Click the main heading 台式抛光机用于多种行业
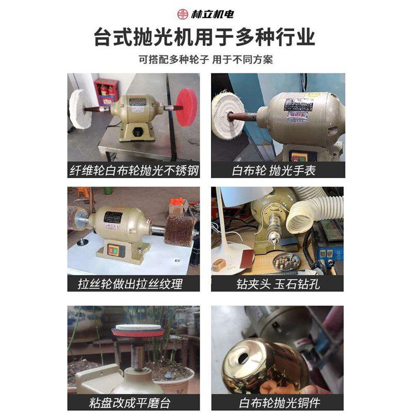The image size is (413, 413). pos(206,38)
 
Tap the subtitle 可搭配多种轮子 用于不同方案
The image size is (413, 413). pos(206,59)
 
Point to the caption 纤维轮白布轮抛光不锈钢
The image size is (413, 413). pos(134,170)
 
